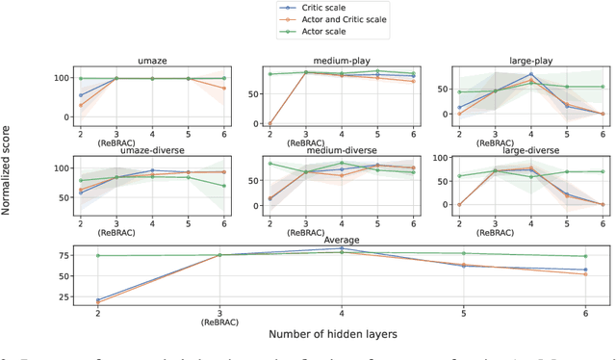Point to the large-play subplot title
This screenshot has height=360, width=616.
point(521,60)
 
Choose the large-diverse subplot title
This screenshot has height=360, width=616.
point(521,151)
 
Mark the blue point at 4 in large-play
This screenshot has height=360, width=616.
point(530,74)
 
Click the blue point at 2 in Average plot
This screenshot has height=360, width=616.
point(98,299)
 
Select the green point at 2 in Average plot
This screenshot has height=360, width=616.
point(98,255)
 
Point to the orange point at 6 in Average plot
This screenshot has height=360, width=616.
point(583,274)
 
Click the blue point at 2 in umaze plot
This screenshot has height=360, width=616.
point(81,95)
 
